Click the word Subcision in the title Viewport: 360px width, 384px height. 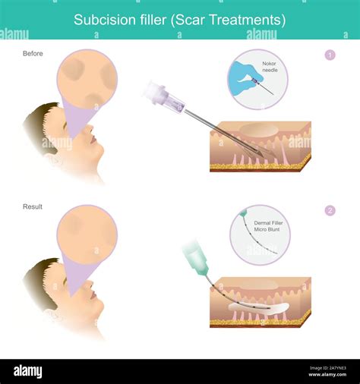tap(99, 20)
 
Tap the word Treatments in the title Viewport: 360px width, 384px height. tap(251, 20)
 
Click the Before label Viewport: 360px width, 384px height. tap(33, 54)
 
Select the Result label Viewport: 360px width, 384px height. tap(33, 206)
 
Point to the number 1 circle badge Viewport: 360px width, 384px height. tap(330, 55)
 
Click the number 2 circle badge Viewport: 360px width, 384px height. tap(330, 210)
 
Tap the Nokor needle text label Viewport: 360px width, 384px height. tap(271, 66)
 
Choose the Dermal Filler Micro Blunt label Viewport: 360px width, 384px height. tap(261, 225)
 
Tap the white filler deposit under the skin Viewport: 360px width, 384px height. tap(258, 308)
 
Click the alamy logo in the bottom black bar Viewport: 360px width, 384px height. tap(27, 371)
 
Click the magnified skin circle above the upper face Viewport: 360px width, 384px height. tap(87, 80)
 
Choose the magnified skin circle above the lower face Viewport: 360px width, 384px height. tap(87, 234)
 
